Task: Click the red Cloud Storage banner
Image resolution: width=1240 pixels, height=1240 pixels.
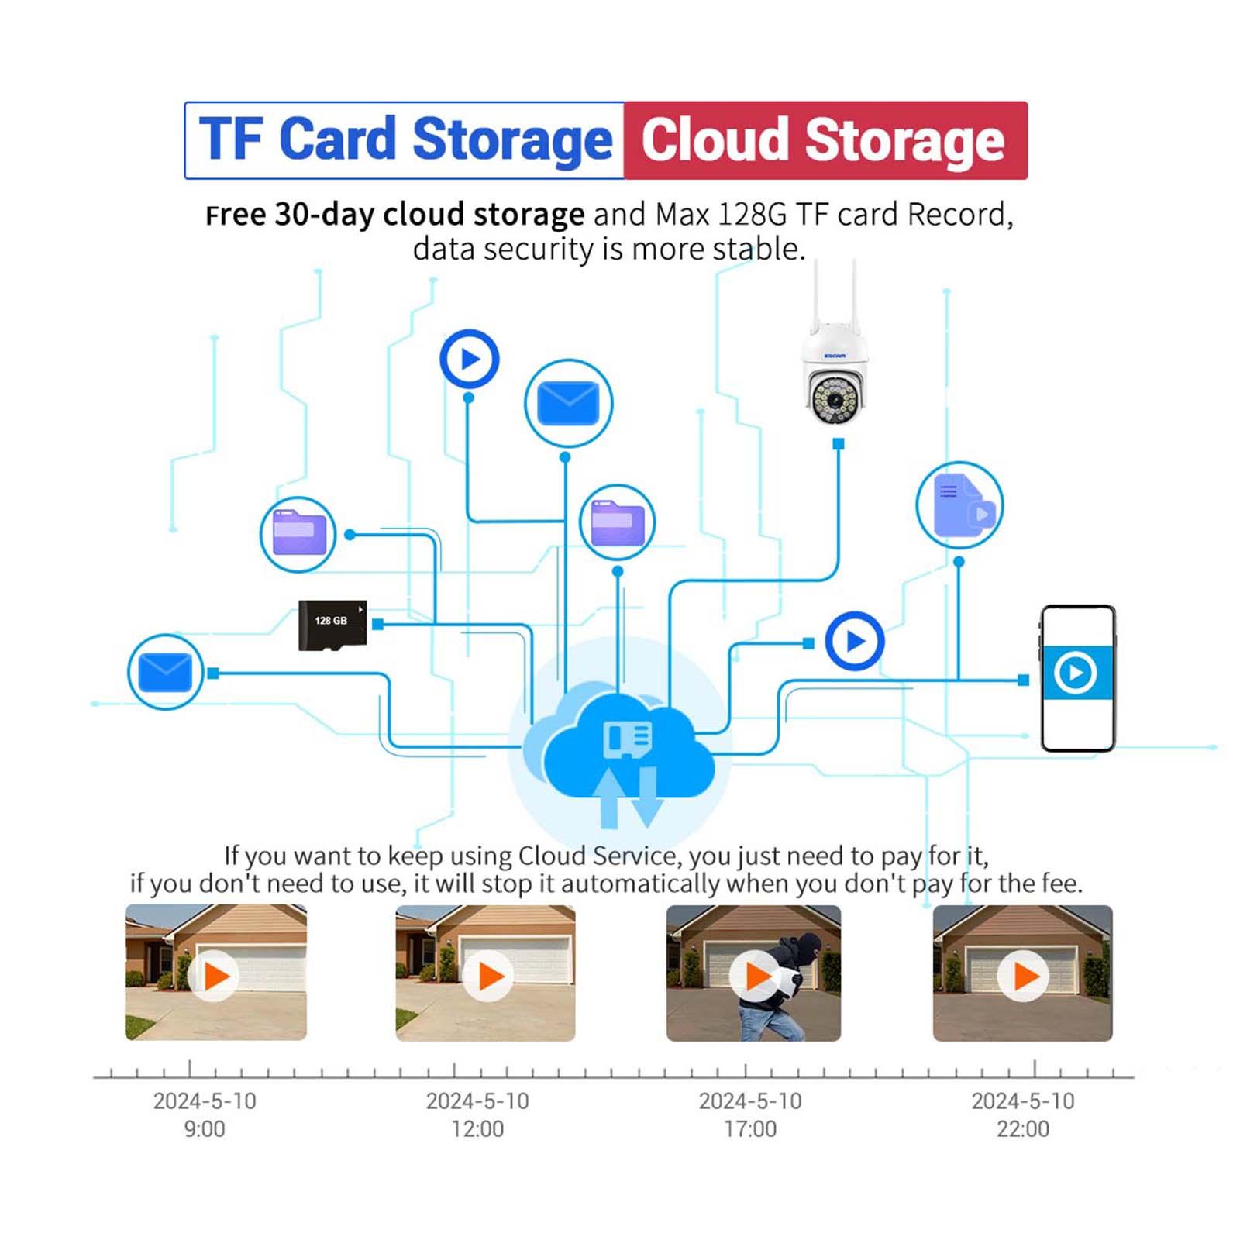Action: point(825,140)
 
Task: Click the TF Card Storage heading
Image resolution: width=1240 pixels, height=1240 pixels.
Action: point(405,140)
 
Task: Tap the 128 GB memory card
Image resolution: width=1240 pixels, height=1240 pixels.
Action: point(332,624)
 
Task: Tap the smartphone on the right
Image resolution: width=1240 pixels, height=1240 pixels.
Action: point(1077,678)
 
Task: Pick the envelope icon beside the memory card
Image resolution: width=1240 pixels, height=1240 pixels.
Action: point(165,672)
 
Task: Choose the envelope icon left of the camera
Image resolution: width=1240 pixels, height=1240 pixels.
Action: point(568,403)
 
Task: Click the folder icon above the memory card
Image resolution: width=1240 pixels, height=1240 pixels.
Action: point(298,534)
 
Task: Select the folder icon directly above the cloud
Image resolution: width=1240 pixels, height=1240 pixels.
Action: point(617,523)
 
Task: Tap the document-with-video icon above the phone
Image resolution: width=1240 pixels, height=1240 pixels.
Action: point(959,506)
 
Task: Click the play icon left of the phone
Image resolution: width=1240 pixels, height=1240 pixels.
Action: point(854,641)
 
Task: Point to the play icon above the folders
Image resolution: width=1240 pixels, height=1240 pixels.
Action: point(469,359)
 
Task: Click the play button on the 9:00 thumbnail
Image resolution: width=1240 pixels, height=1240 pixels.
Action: point(215,976)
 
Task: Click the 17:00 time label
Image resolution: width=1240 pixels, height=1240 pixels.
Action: point(749,1128)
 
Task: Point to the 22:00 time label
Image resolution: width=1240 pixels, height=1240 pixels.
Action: point(1022,1128)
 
